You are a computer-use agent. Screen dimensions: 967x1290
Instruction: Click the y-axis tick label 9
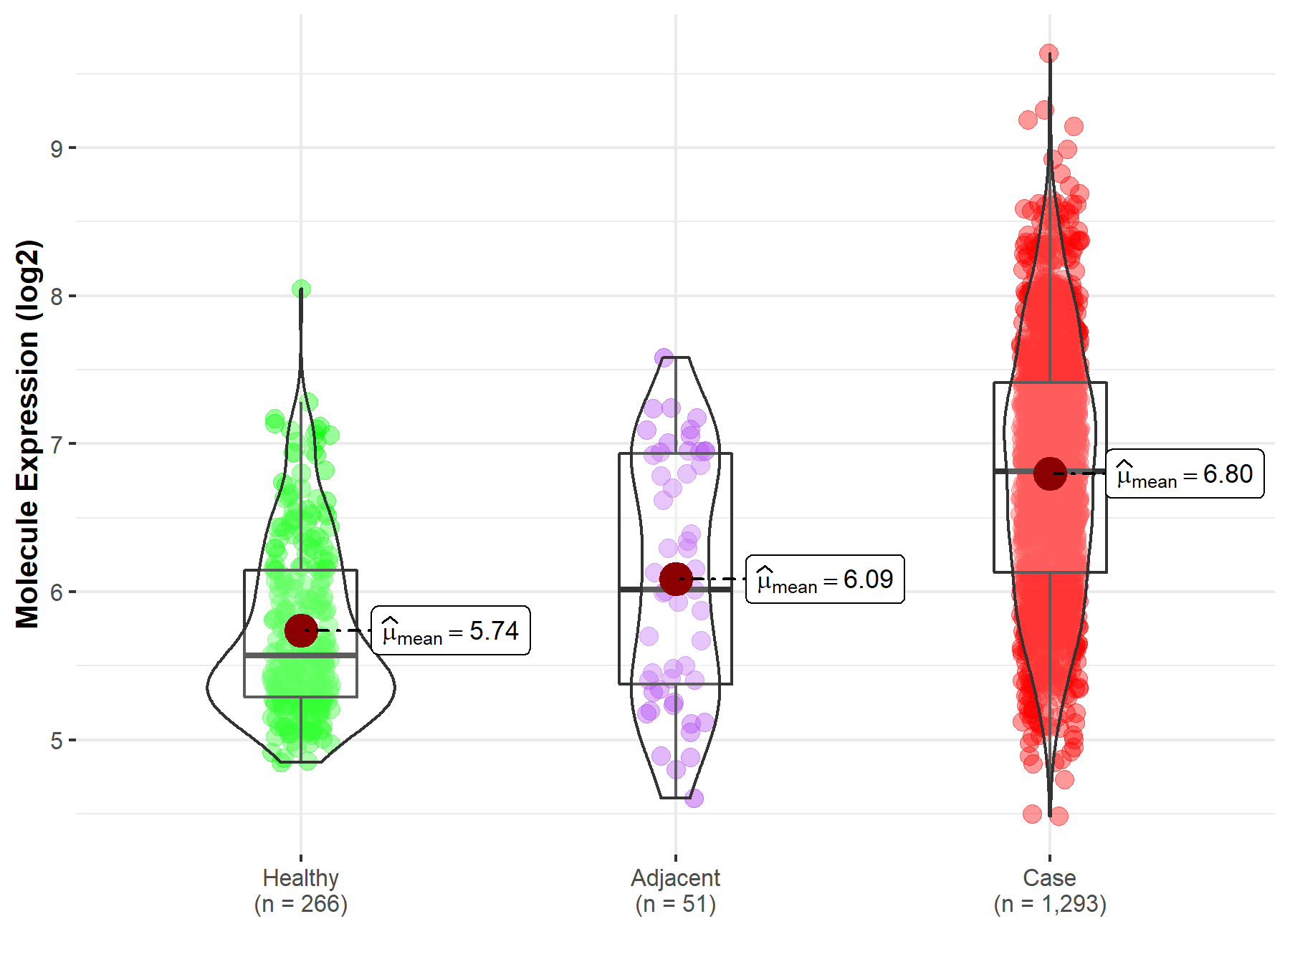56,149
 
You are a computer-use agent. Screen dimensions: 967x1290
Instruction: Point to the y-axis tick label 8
56,297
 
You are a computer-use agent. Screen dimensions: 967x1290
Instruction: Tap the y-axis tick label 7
56,444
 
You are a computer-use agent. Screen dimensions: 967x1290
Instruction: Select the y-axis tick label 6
56,592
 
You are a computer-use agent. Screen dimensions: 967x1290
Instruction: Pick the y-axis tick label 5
56,741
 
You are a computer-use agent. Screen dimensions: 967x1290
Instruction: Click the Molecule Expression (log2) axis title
27,434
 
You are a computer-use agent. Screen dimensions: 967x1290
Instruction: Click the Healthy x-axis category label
300,877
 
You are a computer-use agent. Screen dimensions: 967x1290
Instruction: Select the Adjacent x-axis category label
675,877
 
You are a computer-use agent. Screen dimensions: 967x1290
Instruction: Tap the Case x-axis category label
1049,877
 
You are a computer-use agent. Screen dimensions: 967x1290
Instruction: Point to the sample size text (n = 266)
300,904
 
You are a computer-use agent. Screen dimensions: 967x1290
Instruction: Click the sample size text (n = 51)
675,904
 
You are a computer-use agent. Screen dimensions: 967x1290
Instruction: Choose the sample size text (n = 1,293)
1049,904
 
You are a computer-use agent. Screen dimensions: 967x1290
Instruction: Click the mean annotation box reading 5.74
451,630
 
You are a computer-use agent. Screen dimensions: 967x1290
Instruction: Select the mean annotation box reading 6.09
825,579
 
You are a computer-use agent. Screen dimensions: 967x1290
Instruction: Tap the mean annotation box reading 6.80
1185,473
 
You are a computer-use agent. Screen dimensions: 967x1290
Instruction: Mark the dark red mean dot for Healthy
301,630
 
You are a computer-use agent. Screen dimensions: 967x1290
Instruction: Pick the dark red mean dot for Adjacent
675,579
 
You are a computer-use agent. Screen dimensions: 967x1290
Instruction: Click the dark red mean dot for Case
1050,473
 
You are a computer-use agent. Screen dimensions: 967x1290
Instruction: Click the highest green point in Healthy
301,289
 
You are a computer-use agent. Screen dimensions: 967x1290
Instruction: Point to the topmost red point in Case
1048,54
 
